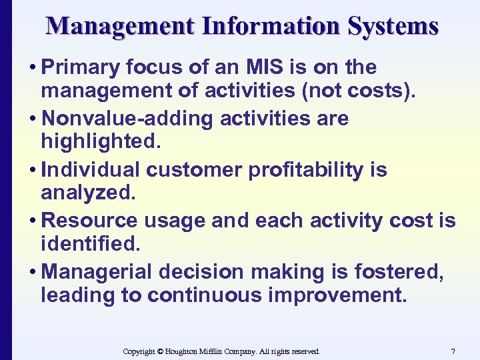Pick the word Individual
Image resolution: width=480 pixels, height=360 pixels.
coord(91,169)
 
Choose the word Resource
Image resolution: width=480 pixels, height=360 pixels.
coord(89,220)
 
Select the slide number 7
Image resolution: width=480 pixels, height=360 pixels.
coord(453,351)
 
